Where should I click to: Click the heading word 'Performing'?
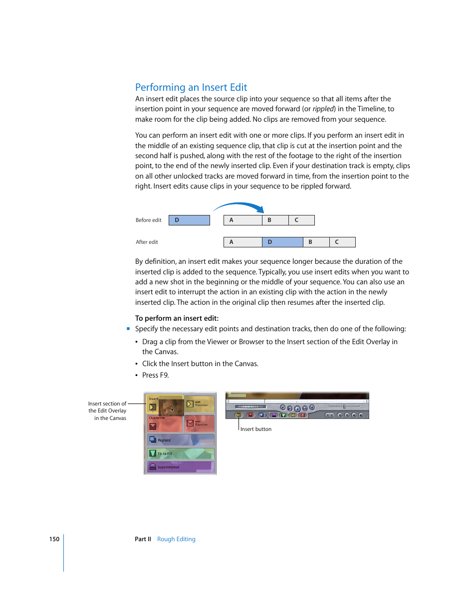pos(160,88)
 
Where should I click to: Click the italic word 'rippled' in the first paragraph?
pos(323,109)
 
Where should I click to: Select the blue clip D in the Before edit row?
pos(189,220)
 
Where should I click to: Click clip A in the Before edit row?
pos(242,220)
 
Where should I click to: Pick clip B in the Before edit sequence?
pos(275,220)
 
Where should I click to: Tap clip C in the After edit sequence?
pos(342,242)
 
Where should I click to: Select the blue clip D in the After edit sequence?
pos(282,242)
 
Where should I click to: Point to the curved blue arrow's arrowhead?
pos(260,209)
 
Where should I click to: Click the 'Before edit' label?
pos(148,220)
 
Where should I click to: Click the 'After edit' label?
pos(147,242)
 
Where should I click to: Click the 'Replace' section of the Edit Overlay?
pos(180,440)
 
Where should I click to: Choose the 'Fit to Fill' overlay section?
pos(180,453)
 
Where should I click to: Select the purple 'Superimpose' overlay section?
pos(180,467)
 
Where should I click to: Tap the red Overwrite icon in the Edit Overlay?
pos(153,426)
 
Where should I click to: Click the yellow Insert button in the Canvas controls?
pos(238,415)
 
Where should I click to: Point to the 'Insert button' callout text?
pos(256,429)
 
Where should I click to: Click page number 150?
pos(54,539)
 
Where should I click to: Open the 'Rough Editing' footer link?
pos(176,539)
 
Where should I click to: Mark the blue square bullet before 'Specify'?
pos(128,329)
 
